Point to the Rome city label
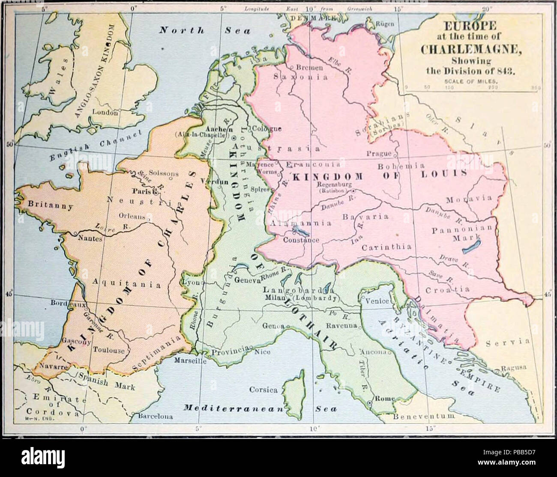[x=384, y=399]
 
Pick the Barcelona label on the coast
[x=155, y=416]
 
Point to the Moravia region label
[x=468, y=200]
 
